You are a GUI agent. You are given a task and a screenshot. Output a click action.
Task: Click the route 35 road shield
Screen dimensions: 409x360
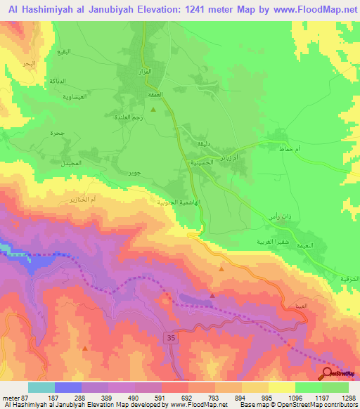(x=172, y=337)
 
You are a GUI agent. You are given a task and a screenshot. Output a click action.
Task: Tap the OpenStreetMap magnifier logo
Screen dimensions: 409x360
(x=327, y=373)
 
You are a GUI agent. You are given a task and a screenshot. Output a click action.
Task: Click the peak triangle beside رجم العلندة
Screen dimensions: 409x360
(x=153, y=109)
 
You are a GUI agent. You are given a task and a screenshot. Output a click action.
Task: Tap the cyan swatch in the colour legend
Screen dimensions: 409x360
(x=41, y=387)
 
